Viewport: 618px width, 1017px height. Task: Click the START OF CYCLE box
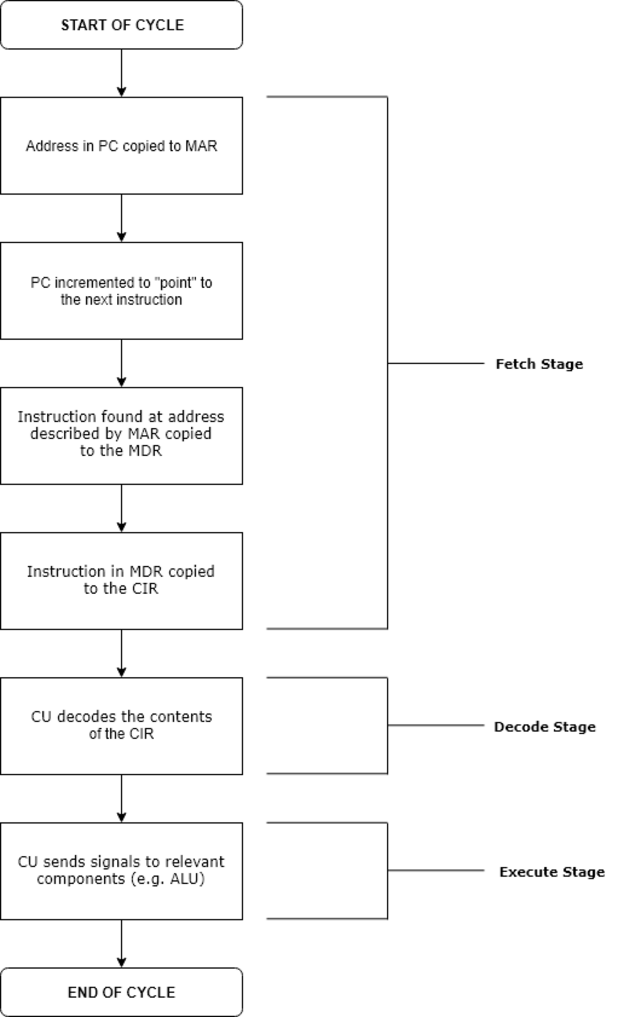(122, 25)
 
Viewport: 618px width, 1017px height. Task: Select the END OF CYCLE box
(122, 992)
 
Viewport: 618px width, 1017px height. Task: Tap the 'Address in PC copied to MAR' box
(122, 146)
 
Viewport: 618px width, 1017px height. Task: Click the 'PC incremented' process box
(122, 291)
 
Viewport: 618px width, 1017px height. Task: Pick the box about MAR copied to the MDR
(122, 436)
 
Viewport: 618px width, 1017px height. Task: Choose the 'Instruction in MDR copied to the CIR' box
(122, 581)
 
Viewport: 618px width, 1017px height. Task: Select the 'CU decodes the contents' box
(122, 726)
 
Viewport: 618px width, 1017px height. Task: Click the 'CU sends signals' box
(122, 871)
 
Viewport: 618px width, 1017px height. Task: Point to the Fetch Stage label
(539, 364)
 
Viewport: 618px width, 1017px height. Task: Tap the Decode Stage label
(545, 726)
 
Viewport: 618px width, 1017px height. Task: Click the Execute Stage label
(552, 872)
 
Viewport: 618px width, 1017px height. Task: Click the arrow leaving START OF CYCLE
(122, 73)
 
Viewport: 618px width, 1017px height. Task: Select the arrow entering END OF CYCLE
(122, 944)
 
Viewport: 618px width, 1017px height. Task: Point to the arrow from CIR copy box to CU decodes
(122, 654)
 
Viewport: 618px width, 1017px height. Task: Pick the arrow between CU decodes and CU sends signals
(122, 798)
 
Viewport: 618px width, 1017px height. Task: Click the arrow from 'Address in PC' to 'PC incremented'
(122, 218)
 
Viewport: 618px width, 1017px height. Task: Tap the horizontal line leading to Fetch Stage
(436, 363)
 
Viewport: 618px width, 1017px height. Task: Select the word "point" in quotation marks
(169, 283)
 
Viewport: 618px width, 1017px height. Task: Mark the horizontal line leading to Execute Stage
(436, 870)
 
